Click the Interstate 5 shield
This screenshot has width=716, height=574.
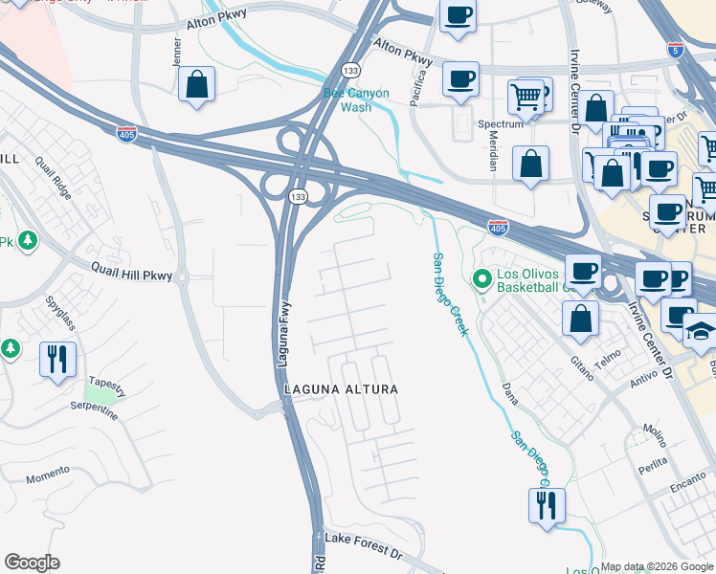pos(676,47)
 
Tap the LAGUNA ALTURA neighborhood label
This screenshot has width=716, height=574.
pos(340,389)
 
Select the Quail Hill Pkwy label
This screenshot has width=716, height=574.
pos(131,275)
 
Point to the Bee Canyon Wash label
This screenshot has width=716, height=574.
pos(356,99)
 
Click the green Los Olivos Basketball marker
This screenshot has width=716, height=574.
pos(482,279)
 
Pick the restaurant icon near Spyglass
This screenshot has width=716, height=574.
pos(57,359)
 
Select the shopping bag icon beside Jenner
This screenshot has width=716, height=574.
pos(196,84)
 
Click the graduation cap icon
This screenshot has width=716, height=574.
pos(701,330)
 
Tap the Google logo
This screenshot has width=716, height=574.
pos(33,562)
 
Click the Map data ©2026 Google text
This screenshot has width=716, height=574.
pos(657,566)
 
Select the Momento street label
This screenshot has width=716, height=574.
pos(48,475)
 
